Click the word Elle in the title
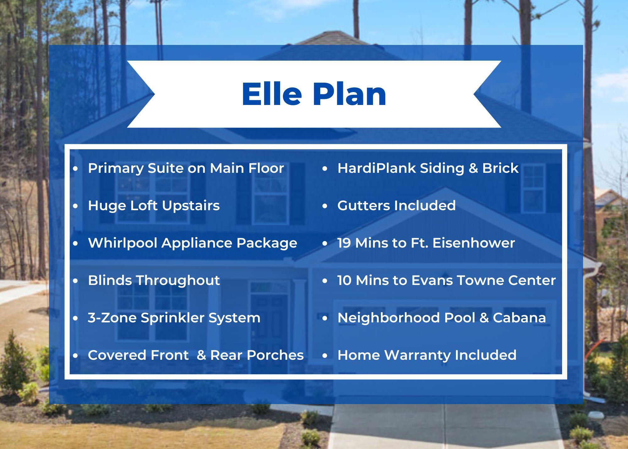tap(272, 94)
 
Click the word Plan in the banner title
tap(349, 94)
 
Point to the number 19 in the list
tap(344, 243)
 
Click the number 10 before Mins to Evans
tap(344, 280)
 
